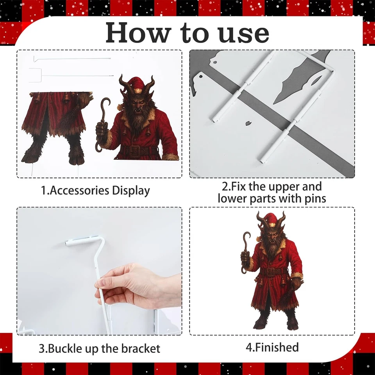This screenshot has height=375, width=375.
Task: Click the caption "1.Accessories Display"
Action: click(96, 191)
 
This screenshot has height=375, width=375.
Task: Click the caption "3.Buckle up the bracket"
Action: click(99, 348)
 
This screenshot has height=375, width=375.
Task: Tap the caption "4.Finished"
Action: click(273, 347)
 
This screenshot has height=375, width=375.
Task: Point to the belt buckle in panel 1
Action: click(137, 151)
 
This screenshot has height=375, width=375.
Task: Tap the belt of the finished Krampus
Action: click(273, 271)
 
